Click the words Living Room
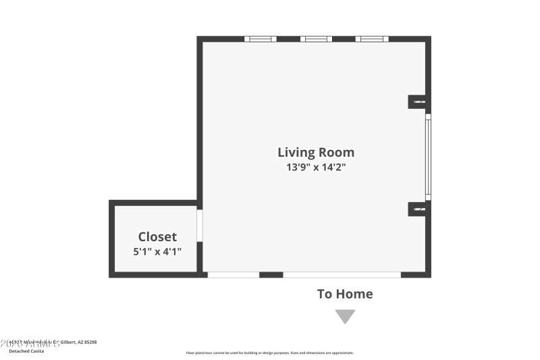pos(316,152)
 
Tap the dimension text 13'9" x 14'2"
pos(316,168)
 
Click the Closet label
pos(157,236)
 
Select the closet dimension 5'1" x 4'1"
pos(157,251)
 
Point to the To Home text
pos(345,294)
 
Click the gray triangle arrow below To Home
pos(345,316)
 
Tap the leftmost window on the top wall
pos(260,39)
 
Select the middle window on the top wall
pos(316,39)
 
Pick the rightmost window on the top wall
pos(372,39)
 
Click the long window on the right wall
pos(428,157)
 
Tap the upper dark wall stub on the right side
pos(418,101)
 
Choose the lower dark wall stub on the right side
pos(418,210)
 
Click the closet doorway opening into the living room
pos(200,226)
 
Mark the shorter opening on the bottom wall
pos(233,275)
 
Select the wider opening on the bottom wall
pos(342,275)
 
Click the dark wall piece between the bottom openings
pos(271,275)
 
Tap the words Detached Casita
pos(27,351)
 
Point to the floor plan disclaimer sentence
pos(270,353)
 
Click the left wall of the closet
pos(111,238)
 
